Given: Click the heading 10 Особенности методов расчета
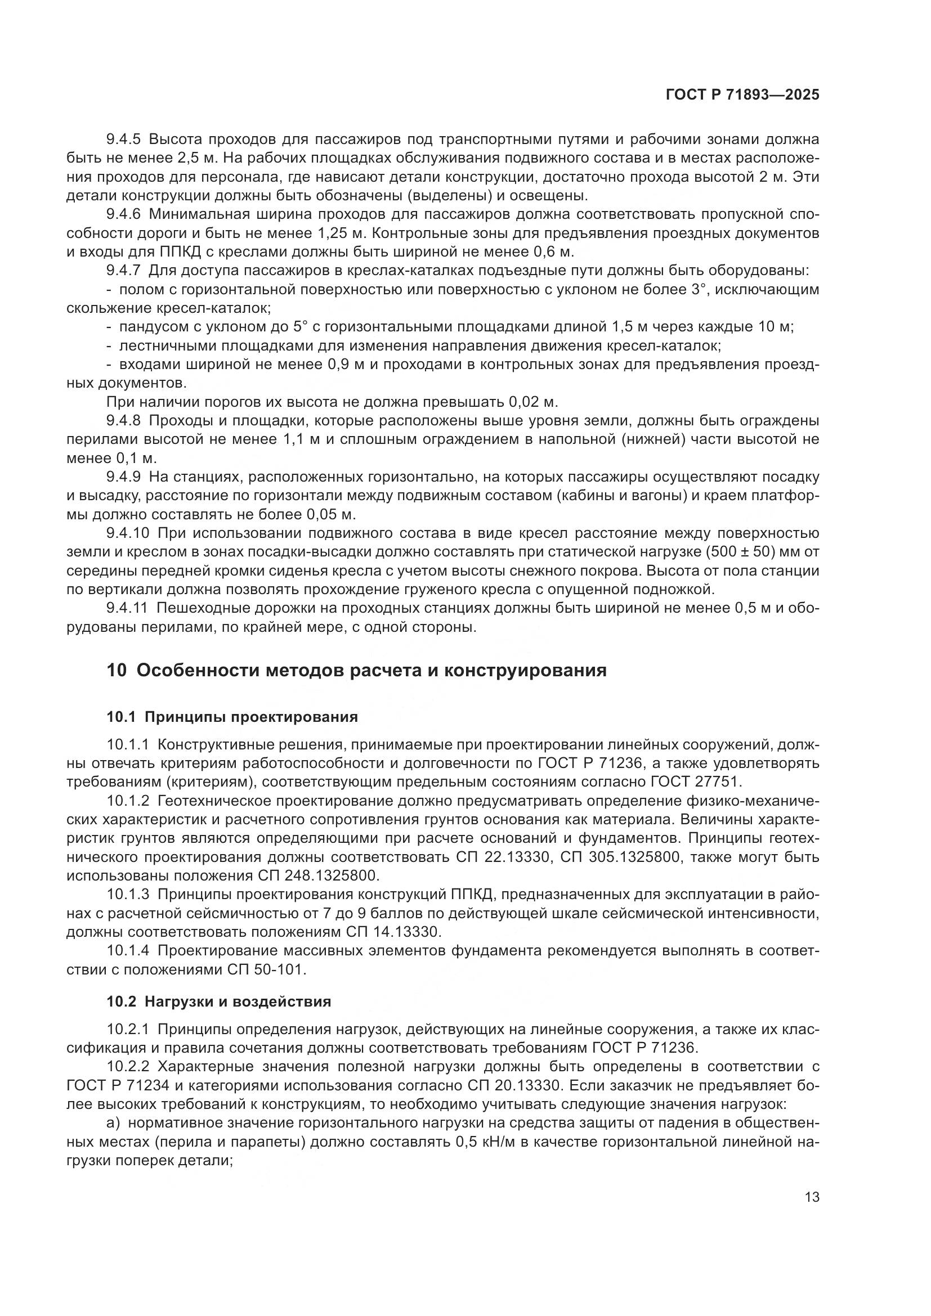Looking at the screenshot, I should tap(356, 670).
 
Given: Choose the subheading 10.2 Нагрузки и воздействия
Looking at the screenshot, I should tap(218, 1001).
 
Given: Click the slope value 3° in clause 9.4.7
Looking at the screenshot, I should tap(696, 289).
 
